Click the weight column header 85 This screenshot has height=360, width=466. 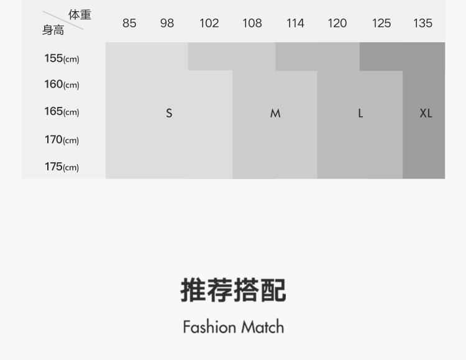click(129, 23)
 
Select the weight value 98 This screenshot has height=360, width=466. click(167, 23)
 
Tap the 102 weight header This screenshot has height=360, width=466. click(209, 23)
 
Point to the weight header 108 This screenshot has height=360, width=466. click(252, 23)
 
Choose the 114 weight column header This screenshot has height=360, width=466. click(295, 23)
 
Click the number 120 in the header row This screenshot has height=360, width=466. click(337, 23)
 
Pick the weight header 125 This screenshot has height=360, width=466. click(381, 23)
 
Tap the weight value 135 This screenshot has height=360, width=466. click(423, 23)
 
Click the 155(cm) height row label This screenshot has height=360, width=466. click(62, 58)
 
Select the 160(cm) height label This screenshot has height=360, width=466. click(62, 85)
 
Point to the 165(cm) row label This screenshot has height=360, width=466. click(62, 111)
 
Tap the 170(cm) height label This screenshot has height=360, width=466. click(62, 140)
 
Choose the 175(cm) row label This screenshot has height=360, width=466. click(62, 167)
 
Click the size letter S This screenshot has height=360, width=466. click(169, 113)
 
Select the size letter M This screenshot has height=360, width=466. click(275, 113)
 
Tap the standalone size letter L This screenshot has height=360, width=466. click(360, 113)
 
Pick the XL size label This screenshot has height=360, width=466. click(426, 113)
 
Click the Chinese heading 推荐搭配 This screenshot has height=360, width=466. click(233, 290)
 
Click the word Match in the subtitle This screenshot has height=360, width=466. click(262, 326)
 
